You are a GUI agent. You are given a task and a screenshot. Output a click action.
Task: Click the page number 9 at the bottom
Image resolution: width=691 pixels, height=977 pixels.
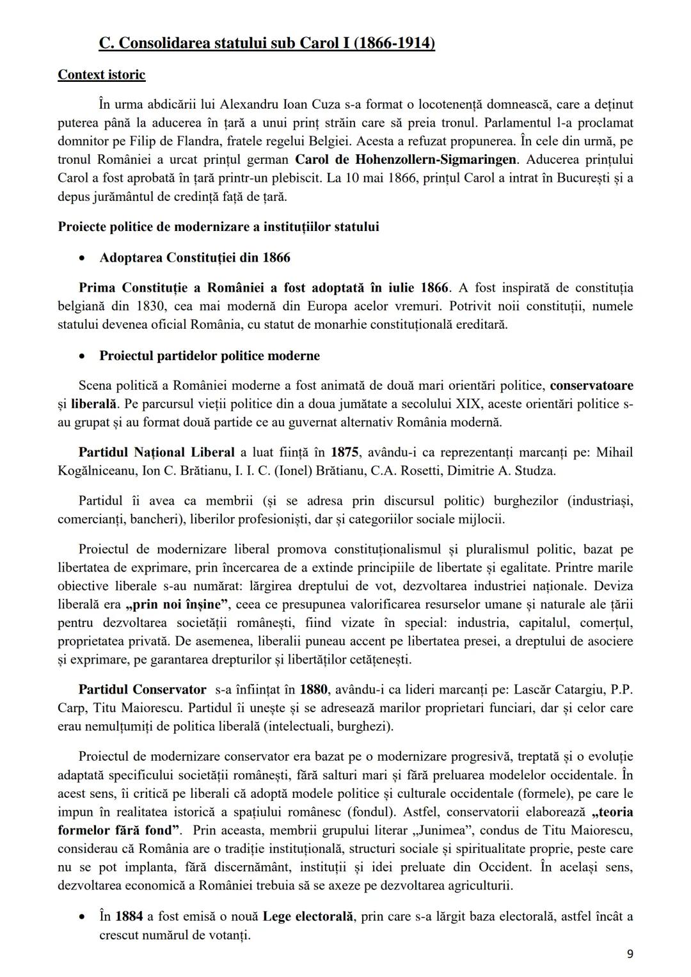coord(630,954)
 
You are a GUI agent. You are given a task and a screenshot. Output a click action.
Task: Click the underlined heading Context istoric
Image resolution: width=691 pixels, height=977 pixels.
coord(101,75)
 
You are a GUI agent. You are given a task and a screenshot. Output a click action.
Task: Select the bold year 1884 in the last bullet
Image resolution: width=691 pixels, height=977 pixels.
coord(129,916)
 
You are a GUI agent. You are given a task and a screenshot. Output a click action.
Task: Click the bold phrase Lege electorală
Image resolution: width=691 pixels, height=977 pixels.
coord(308,916)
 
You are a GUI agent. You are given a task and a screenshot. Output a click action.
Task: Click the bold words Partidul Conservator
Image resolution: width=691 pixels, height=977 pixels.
coord(142,690)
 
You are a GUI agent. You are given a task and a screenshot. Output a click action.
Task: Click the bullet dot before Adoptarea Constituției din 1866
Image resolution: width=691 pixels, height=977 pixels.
coord(81,258)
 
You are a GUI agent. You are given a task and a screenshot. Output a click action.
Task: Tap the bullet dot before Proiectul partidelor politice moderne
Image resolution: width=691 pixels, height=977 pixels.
coord(81,356)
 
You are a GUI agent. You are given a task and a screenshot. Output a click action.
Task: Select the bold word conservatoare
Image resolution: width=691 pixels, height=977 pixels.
coord(591,386)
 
